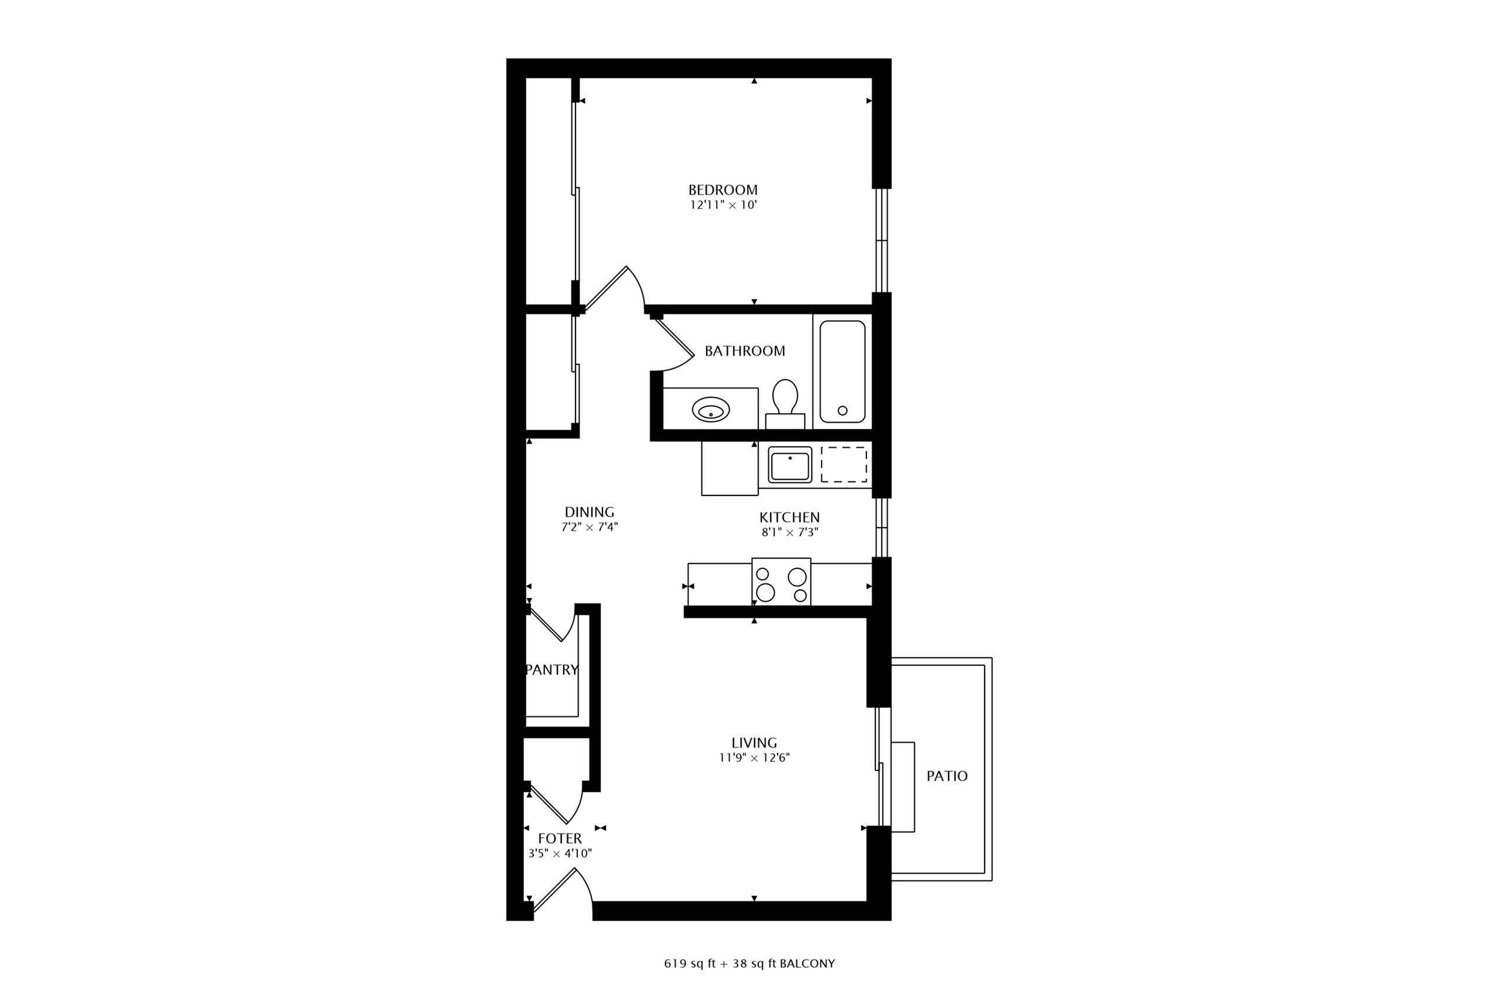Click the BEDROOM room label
722,190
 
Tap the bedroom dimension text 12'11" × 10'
722,205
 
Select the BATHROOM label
744,351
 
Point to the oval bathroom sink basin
711,410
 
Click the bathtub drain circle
842,410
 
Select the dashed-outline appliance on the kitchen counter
843,464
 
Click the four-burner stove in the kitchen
781,582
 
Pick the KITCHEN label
789,517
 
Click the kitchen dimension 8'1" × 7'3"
789,532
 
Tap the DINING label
590,512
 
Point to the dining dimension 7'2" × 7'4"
590,528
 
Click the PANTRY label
552,669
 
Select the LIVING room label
754,743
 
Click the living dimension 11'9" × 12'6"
754,758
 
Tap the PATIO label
946,776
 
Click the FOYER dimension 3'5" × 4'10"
560,854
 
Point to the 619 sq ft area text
691,964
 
